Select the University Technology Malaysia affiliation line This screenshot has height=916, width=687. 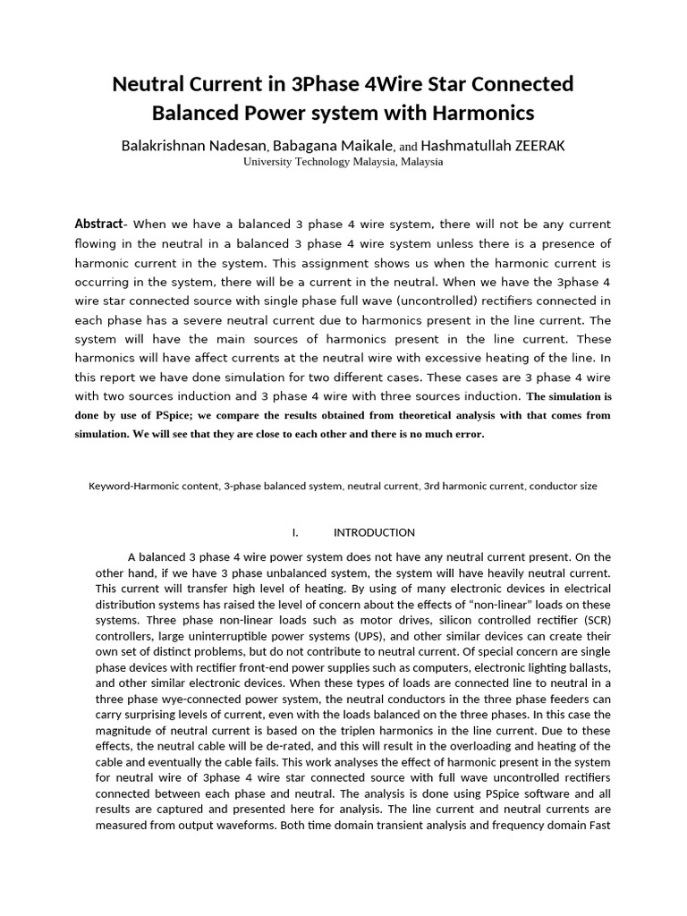click(x=343, y=163)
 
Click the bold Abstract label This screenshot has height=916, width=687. click(x=98, y=224)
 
